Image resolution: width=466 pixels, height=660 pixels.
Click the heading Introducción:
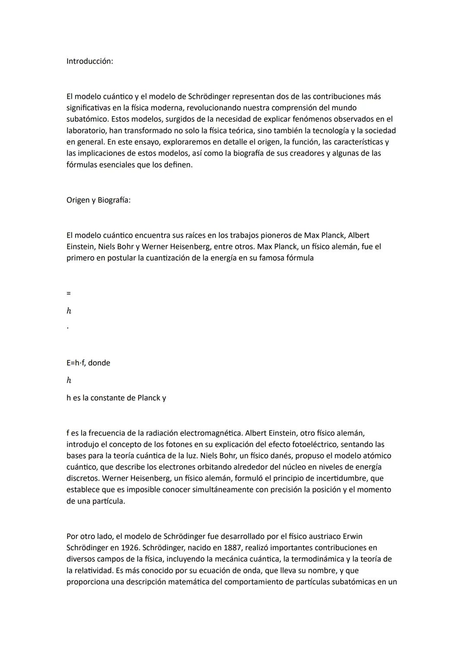(x=89, y=61)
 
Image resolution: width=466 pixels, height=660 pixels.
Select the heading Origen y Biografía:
(x=98, y=200)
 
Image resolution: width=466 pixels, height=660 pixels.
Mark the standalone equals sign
(x=68, y=293)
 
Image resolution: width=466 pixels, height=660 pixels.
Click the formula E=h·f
(x=76, y=363)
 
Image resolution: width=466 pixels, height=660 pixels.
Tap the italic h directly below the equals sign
(x=69, y=311)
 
